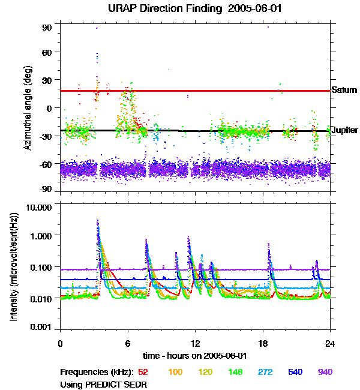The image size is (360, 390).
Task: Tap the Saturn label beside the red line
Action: (x=344, y=91)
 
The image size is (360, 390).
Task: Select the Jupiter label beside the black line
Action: (x=345, y=130)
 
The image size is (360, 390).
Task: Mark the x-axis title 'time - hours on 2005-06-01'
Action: (x=195, y=356)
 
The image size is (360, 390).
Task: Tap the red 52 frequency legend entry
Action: (x=144, y=372)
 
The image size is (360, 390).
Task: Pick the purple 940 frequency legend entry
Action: (x=324, y=372)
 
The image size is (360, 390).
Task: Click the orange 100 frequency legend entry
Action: (x=175, y=372)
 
